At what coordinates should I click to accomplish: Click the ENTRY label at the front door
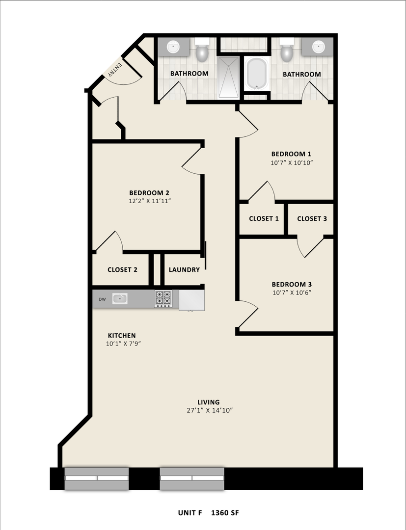click(x=112, y=71)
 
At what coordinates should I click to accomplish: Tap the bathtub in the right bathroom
click(x=256, y=74)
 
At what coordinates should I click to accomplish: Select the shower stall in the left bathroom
click(x=228, y=77)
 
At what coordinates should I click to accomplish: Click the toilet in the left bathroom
click(x=202, y=52)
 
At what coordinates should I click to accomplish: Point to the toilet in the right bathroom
click(x=287, y=52)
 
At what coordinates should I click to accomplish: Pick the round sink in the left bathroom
click(x=173, y=47)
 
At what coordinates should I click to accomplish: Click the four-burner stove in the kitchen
click(x=163, y=298)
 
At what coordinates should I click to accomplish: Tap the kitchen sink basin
click(x=120, y=298)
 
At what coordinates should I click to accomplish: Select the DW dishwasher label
click(x=103, y=299)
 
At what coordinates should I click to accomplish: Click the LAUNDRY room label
click(x=184, y=269)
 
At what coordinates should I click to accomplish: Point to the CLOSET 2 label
click(x=122, y=269)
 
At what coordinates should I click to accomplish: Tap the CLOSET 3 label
click(x=312, y=219)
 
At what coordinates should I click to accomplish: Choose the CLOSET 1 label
click(x=264, y=219)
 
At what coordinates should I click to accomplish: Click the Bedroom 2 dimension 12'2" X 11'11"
click(x=150, y=201)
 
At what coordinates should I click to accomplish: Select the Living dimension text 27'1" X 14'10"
click(x=209, y=410)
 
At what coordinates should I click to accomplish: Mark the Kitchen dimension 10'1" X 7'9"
click(x=123, y=344)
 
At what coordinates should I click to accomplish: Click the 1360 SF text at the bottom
click(x=225, y=513)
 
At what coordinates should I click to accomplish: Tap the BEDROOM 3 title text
click(x=292, y=284)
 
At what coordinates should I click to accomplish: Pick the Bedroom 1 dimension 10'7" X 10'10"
click(x=292, y=162)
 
